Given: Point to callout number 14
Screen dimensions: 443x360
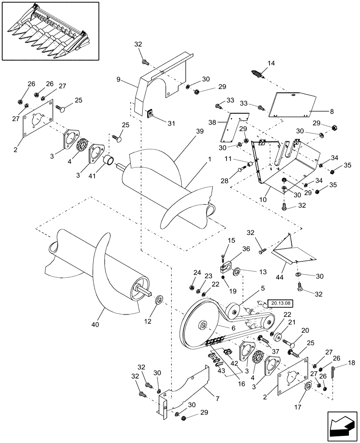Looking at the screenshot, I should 271,63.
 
